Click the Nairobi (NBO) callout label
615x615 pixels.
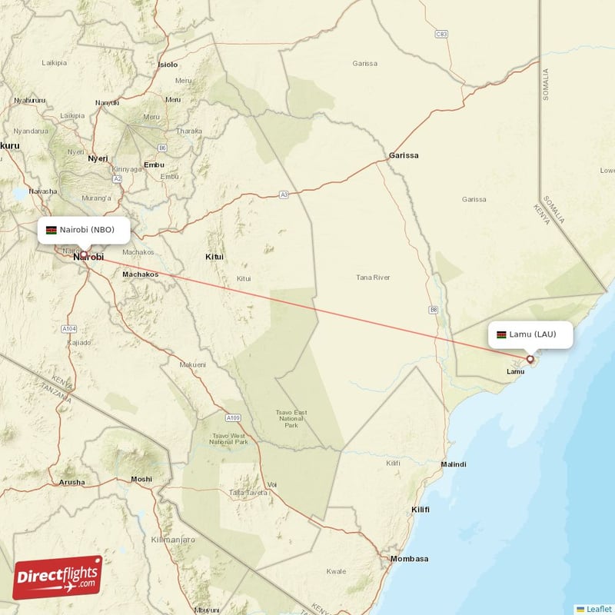click(83, 230)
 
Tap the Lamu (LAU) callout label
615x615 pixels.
click(531, 334)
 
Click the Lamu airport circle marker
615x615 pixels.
click(530, 359)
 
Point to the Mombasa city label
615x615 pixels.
click(409, 559)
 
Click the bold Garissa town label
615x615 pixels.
click(404, 155)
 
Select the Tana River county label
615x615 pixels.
click(373, 278)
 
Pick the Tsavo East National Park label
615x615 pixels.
click(291, 419)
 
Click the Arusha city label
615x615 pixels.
click(72, 482)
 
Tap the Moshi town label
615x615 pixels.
click(141, 479)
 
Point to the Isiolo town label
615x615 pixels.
click(167, 65)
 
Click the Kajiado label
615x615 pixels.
click(78, 342)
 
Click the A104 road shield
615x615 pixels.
click(69, 328)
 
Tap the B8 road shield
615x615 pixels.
click(434, 310)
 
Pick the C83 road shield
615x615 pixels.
click(441, 34)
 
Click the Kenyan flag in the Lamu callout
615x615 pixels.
click(501, 334)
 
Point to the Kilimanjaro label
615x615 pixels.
click(175, 540)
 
